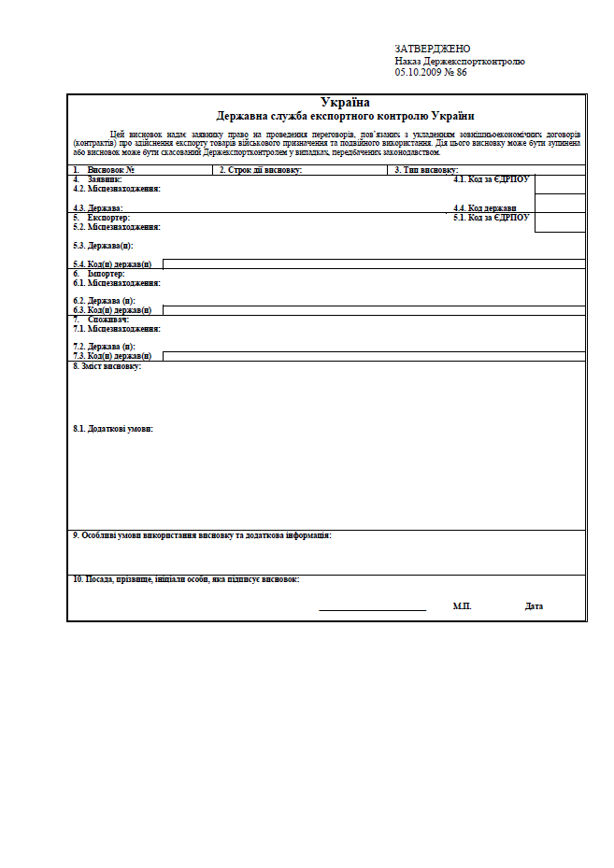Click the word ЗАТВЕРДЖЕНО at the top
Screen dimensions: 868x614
click(433, 49)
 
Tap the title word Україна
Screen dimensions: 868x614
click(345, 103)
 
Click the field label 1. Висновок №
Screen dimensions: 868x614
click(105, 170)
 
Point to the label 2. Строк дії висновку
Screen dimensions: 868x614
click(261, 170)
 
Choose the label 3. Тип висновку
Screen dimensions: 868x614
click(426, 170)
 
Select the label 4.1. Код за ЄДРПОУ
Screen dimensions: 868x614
click(492, 178)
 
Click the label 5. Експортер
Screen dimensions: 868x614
click(102, 217)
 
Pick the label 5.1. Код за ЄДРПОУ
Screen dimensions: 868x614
click(492, 217)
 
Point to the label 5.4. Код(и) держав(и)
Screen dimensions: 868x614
click(112, 264)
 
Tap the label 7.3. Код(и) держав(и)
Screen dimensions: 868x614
click(112, 356)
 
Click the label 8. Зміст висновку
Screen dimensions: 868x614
click(107, 366)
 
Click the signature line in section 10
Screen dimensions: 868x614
click(372, 609)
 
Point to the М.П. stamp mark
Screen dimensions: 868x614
click(462, 606)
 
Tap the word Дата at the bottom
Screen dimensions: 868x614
click(534, 606)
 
